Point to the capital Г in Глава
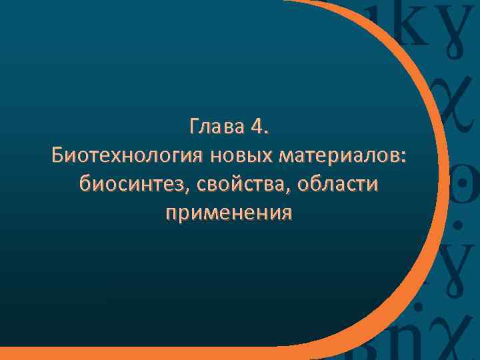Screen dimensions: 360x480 194,127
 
